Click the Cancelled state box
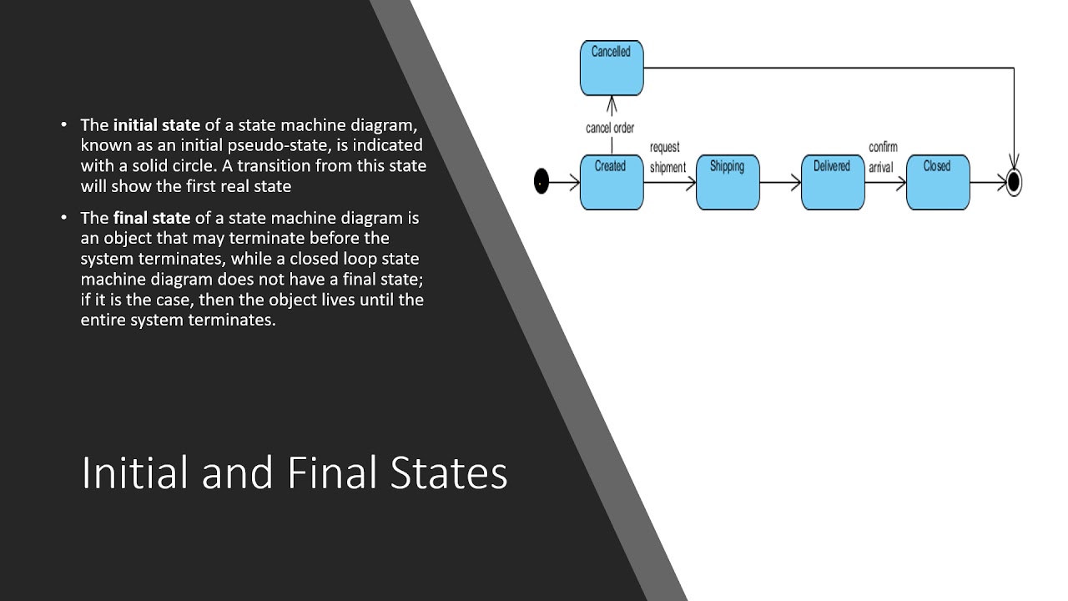pyautogui.click(x=612, y=68)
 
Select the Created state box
pyautogui.click(x=612, y=181)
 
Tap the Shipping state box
pyautogui.click(x=727, y=181)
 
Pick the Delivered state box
pyautogui.click(x=832, y=181)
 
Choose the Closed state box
pyautogui.click(x=937, y=181)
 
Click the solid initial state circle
pyautogui.click(x=542, y=181)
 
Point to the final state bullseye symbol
pyautogui.click(x=1014, y=182)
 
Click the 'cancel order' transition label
pyautogui.click(x=610, y=129)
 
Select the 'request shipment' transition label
pyautogui.click(x=667, y=157)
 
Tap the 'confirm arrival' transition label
pyautogui.click(x=882, y=157)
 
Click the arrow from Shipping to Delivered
pyautogui.click(x=780, y=182)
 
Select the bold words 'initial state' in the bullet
pyautogui.click(x=157, y=125)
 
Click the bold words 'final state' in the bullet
pyautogui.click(x=152, y=218)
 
